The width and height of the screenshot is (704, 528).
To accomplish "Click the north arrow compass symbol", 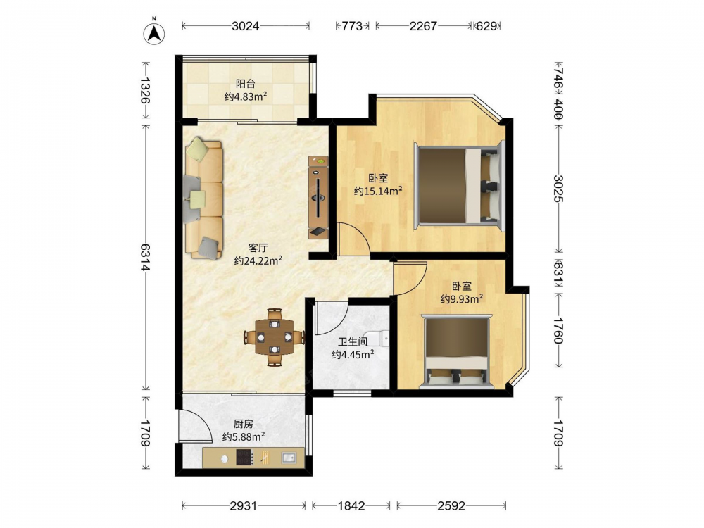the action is (154, 33).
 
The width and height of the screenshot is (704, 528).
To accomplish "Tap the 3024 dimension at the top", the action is (246, 26).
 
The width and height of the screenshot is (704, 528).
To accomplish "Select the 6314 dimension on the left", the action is (144, 257).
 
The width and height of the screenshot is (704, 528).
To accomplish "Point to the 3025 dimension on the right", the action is (558, 189).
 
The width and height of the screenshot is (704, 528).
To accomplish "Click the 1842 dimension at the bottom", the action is (351, 506).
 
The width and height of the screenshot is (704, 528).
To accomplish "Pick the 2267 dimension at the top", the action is (423, 26).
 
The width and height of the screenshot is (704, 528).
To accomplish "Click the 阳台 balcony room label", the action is (246, 84).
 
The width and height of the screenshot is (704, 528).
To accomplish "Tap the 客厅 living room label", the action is (258, 248).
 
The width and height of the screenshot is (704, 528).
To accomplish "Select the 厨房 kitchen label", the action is (244, 424).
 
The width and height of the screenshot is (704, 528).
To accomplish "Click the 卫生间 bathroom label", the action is (353, 342).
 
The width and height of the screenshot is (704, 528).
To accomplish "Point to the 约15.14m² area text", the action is (378, 191).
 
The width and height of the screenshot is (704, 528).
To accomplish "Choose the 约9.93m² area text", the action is (462, 298).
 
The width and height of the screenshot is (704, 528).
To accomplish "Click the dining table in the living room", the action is (275, 337).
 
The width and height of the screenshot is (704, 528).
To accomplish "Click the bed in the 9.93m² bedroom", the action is (457, 351).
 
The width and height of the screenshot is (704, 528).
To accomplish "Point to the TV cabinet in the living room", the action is (318, 197).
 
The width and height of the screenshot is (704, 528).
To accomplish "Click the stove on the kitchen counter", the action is (245, 458).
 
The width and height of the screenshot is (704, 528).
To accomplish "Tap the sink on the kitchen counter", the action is (288, 458).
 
